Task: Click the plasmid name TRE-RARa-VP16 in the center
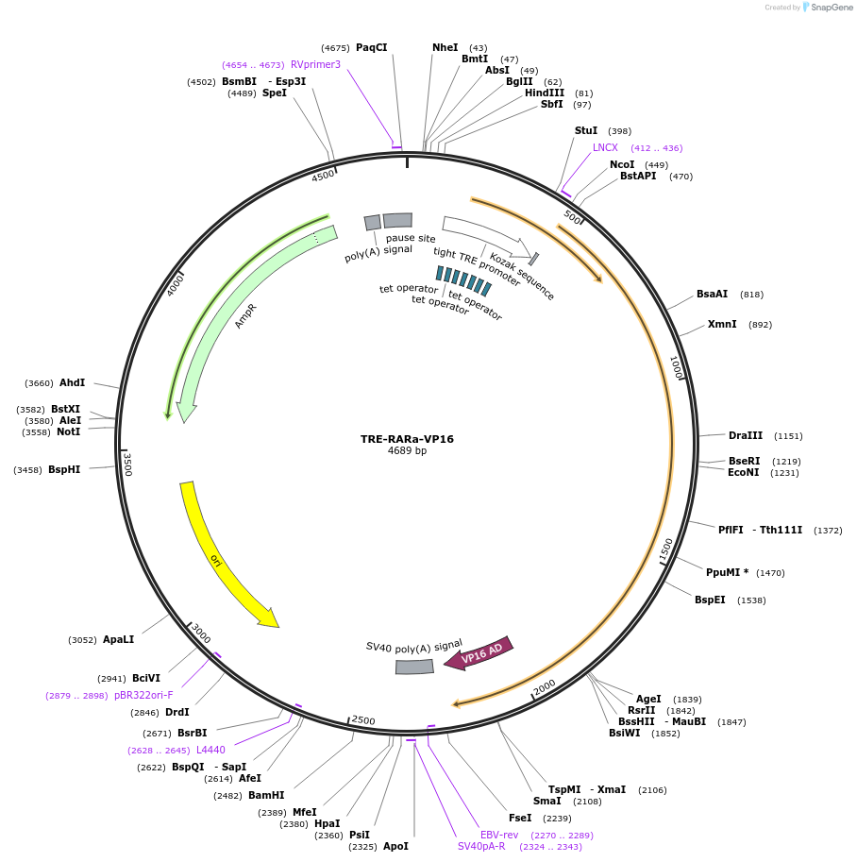(407, 439)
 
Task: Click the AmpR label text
(246, 315)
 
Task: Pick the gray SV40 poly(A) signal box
(413, 667)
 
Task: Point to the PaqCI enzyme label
(371, 47)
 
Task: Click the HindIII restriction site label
(545, 93)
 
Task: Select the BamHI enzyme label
(266, 795)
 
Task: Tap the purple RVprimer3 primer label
(315, 64)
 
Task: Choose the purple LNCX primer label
(605, 147)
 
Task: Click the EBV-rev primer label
(499, 835)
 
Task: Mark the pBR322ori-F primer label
(144, 695)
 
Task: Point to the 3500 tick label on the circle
(127, 464)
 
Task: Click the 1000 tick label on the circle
(676, 369)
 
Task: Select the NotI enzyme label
(69, 431)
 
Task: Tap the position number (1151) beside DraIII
(788, 436)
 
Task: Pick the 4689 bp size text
(407, 451)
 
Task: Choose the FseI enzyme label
(520, 818)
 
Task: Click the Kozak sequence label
(522, 275)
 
